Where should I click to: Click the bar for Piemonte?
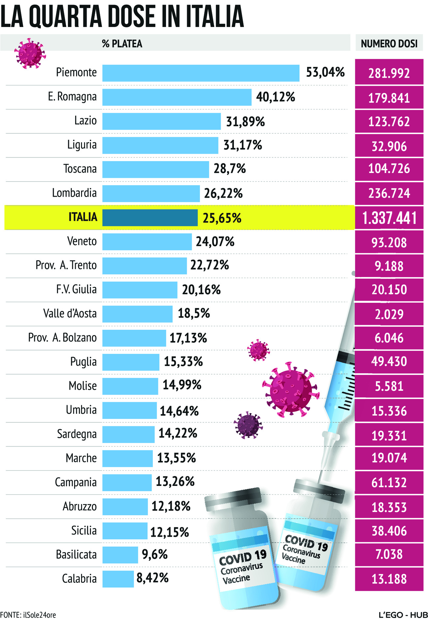pyautogui.click(x=201, y=73)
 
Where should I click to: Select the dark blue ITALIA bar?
pyautogui.click(x=150, y=218)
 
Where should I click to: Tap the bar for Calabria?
pyautogui.click(x=118, y=579)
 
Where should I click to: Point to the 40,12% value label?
pyautogui.click(x=275, y=97)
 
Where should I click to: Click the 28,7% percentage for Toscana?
pyautogui.click(x=230, y=169)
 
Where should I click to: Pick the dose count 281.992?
pyautogui.click(x=389, y=73)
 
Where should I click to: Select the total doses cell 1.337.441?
pyautogui.click(x=389, y=218)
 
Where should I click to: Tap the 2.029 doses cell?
pyautogui.click(x=389, y=314)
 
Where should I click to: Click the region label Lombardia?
pyautogui.click(x=74, y=193)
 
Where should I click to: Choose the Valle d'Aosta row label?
pyautogui.click(x=70, y=313)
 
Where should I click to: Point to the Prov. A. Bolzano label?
pyautogui.click(x=63, y=338)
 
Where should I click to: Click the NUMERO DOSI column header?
pyautogui.click(x=389, y=43)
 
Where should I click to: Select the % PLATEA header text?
pyautogui.click(x=122, y=43)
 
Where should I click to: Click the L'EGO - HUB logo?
pyautogui.click(x=403, y=615)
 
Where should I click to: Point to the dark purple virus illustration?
pyautogui.click(x=248, y=425)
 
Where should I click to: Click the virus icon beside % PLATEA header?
pyautogui.click(x=30, y=53)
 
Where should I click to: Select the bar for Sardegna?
pyautogui.click(x=128, y=434)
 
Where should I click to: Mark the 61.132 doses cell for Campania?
pyautogui.click(x=389, y=483)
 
